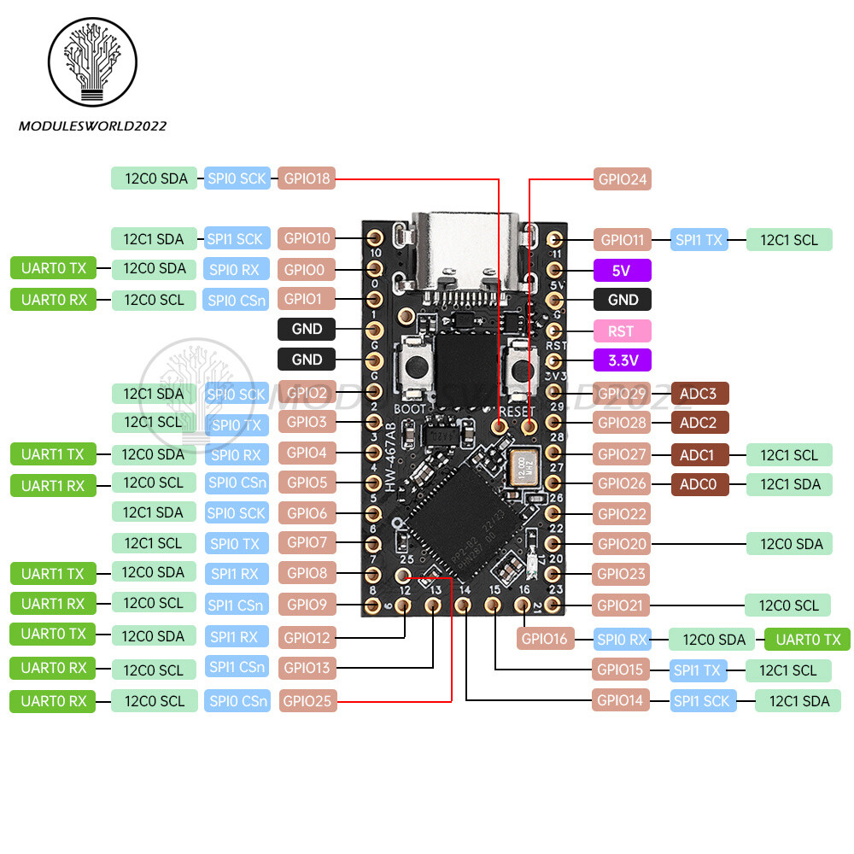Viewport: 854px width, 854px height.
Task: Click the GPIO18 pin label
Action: pyautogui.click(x=307, y=178)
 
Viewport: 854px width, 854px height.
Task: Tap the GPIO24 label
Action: pyautogui.click(x=622, y=179)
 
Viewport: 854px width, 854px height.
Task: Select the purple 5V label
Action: pyautogui.click(x=622, y=271)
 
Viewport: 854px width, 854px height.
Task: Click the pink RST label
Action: pyautogui.click(x=622, y=330)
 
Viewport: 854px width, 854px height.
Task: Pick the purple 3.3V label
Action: pyautogui.click(x=622, y=360)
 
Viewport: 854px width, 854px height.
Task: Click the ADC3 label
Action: pyautogui.click(x=699, y=394)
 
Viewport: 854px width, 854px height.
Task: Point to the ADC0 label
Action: pyautogui.click(x=699, y=483)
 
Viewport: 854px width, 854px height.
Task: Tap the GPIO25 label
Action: pyautogui.click(x=307, y=702)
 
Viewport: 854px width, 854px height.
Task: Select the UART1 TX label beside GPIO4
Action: pyautogui.click(x=52, y=453)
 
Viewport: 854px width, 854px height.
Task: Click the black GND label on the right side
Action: pyautogui.click(x=622, y=300)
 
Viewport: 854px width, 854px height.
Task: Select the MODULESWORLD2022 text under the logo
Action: pyautogui.click(x=92, y=126)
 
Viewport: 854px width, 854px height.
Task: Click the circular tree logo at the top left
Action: pyautogui.click(x=92, y=62)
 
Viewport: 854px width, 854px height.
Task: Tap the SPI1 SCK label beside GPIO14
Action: pyautogui.click(x=703, y=701)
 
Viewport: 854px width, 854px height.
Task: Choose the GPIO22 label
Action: pyautogui.click(x=622, y=513)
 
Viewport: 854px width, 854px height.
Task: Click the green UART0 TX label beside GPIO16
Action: pyautogui.click(x=807, y=639)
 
